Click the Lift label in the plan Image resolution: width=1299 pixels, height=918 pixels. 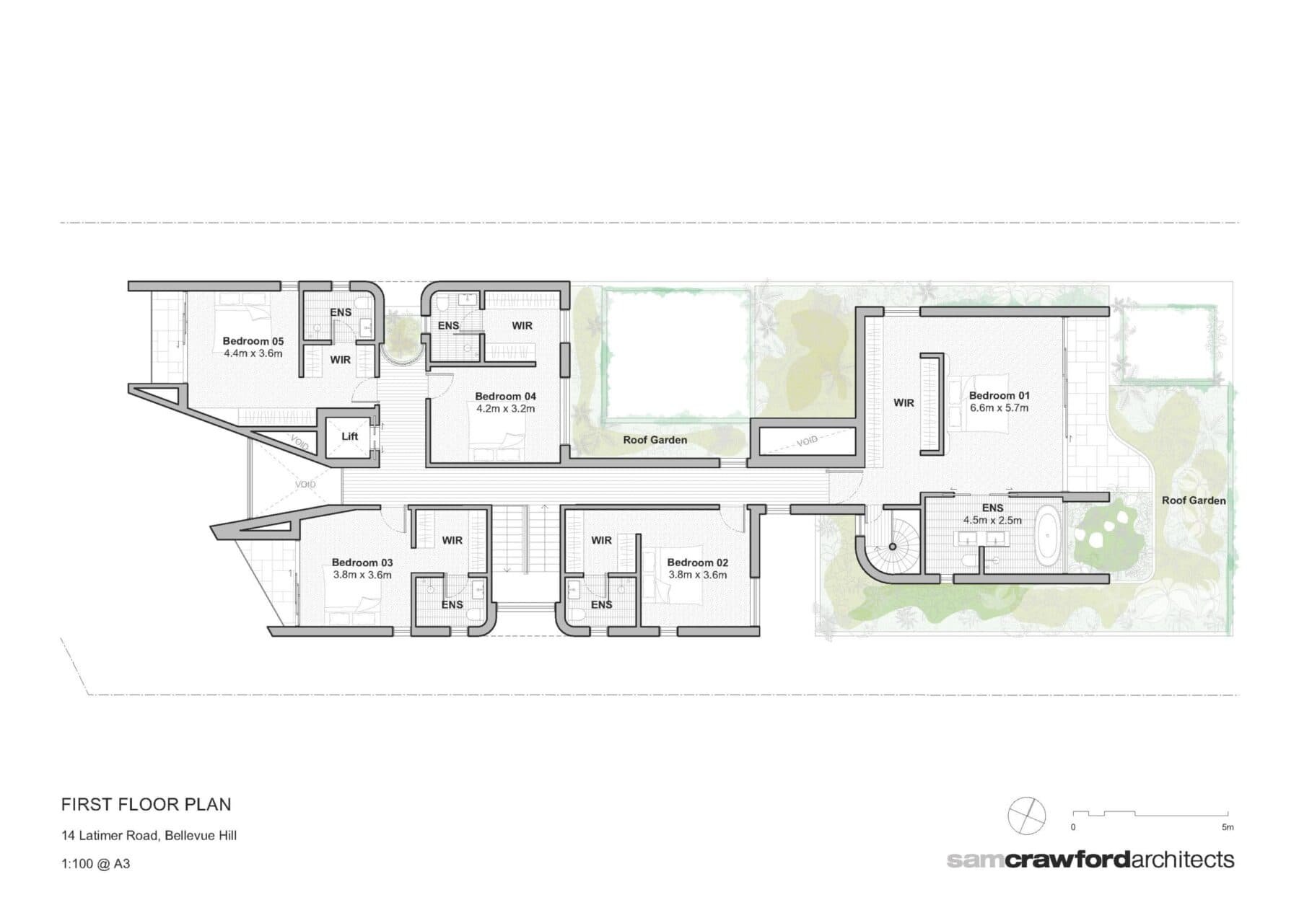(x=349, y=436)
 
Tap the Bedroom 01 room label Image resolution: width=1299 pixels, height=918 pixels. (x=999, y=395)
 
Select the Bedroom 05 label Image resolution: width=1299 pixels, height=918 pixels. (x=253, y=341)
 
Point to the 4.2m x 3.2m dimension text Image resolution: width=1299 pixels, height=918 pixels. (x=505, y=409)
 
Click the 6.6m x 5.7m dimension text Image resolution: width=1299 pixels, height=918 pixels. (x=1000, y=407)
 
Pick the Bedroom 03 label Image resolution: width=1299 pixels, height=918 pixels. (x=362, y=562)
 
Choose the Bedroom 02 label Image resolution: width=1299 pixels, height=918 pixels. (x=697, y=562)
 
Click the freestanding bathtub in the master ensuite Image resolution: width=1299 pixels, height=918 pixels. (x=1048, y=536)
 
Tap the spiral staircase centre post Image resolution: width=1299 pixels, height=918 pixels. (x=892, y=547)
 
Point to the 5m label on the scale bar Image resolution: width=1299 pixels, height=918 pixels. (x=1228, y=827)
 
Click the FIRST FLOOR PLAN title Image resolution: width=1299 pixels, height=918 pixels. (x=146, y=804)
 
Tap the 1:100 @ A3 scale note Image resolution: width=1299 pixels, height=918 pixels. (x=96, y=863)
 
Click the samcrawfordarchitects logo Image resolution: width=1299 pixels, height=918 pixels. (x=1090, y=860)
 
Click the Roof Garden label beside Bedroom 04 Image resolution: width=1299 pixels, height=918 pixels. (x=655, y=440)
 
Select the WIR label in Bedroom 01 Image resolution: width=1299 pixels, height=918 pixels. (x=904, y=403)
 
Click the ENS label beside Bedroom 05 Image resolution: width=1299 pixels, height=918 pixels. (x=341, y=312)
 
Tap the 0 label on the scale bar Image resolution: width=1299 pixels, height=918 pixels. (x=1073, y=827)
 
